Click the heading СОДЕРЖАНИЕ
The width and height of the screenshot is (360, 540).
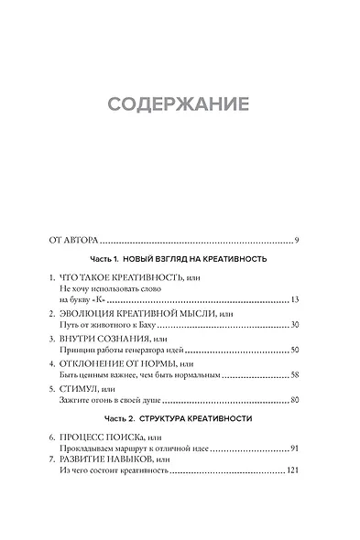tap(179, 102)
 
